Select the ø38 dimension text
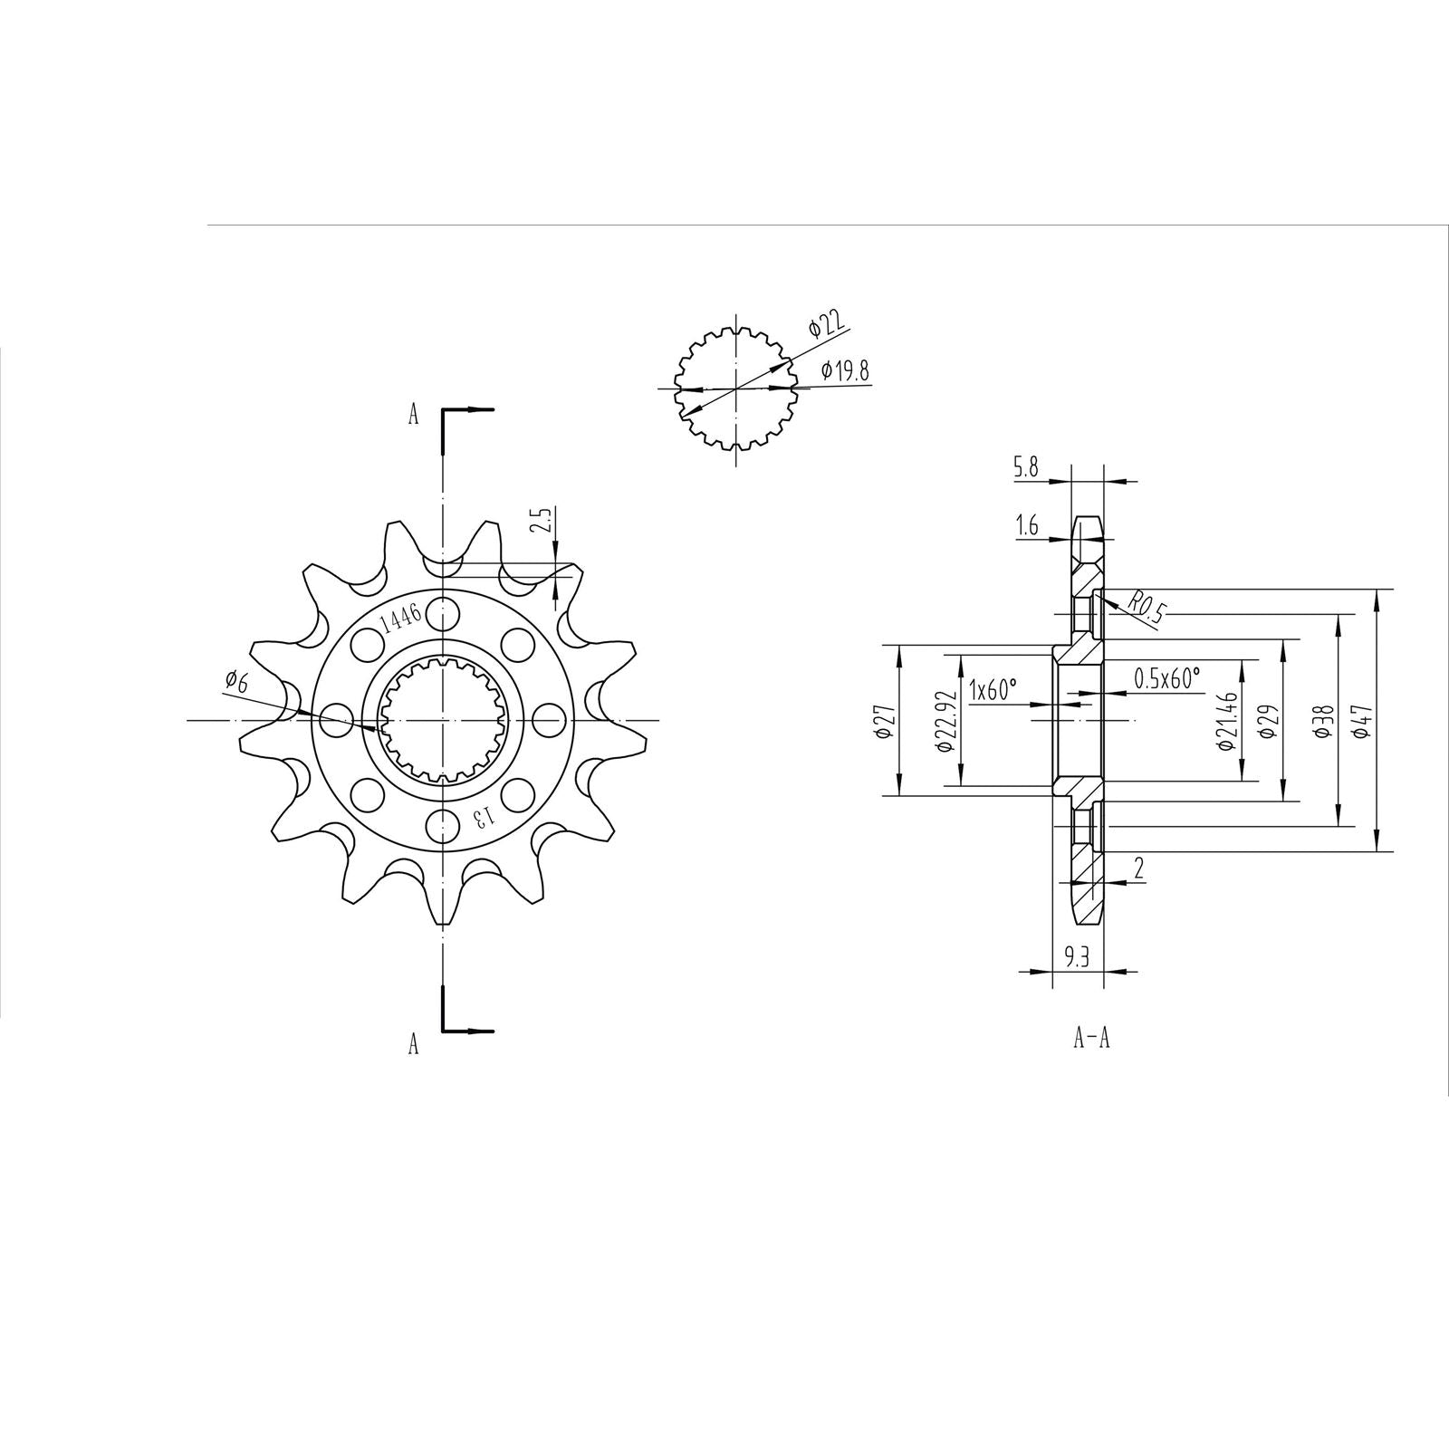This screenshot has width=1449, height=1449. click(1323, 722)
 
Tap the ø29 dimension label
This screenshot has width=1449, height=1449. click(1269, 722)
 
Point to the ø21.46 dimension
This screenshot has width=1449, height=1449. click(1227, 722)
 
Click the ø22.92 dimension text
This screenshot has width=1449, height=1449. click(944, 722)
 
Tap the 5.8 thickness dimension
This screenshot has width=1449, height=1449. click(1026, 468)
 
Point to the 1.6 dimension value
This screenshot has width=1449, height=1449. click(1027, 526)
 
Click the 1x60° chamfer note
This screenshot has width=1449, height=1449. click(993, 689)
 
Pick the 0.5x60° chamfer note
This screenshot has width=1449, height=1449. click(1166, 677)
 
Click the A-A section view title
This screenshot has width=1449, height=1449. click(1091, 1039)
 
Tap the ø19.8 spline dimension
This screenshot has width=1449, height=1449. click(845, 370)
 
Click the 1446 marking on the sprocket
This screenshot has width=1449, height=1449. click(400, 619)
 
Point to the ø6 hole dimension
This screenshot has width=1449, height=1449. click(235, 681)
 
